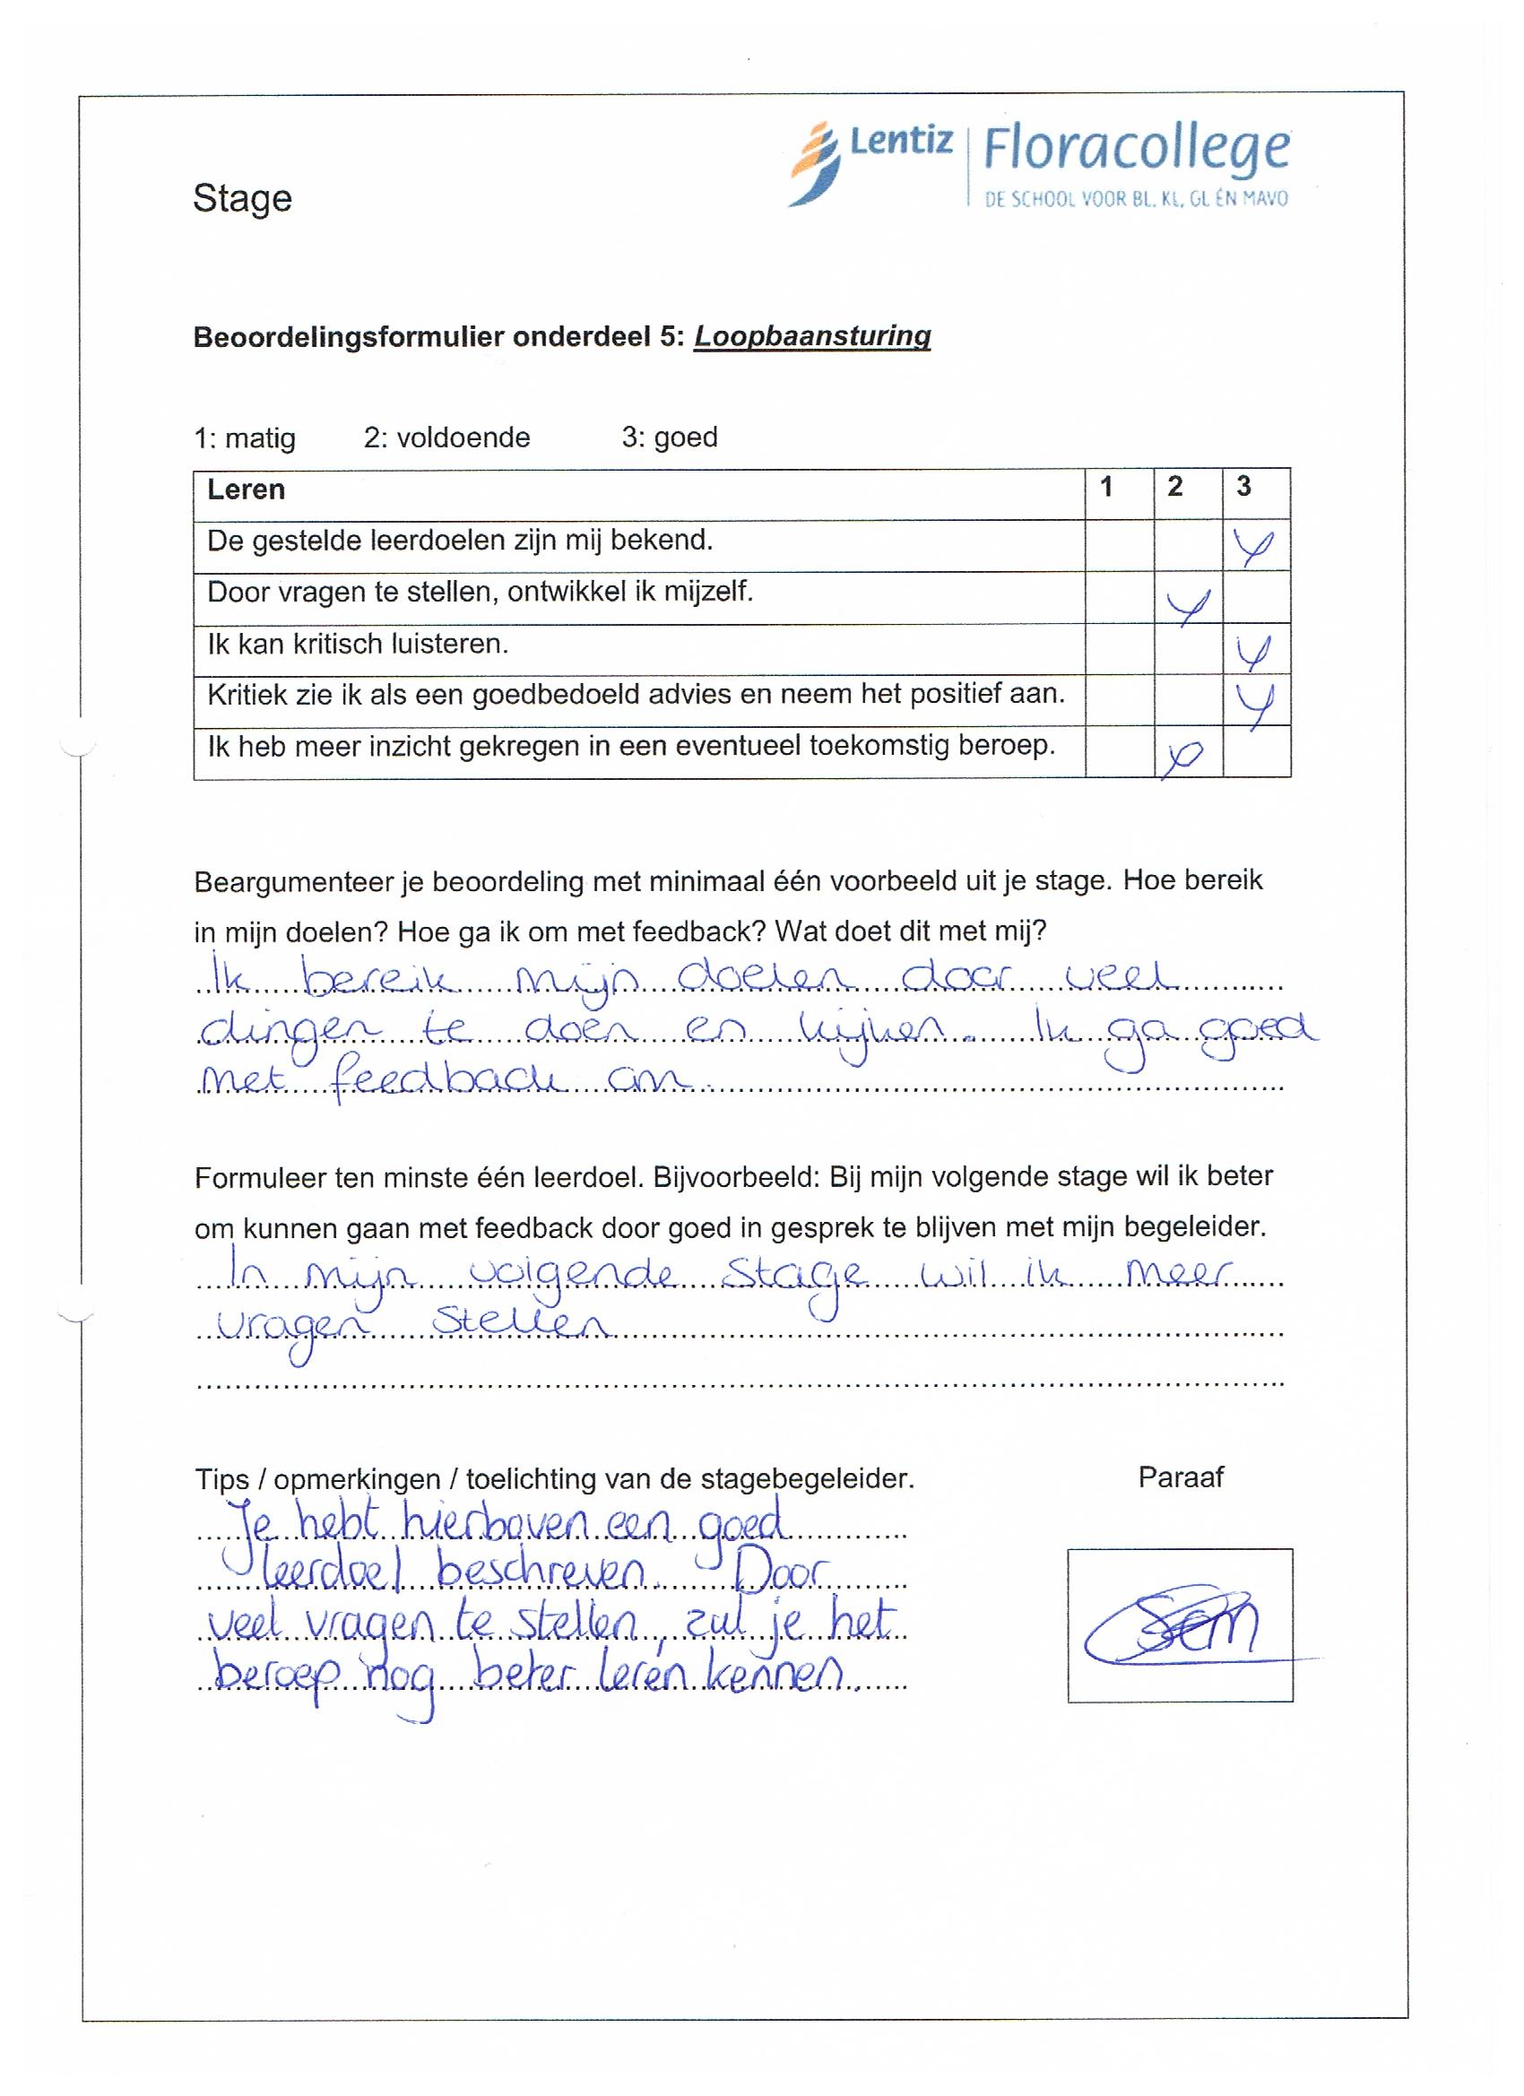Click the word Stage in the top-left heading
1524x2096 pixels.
coord(242,199)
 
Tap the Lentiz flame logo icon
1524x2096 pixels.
coord(815,163)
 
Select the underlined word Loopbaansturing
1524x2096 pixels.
coord(811,336)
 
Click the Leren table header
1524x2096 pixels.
coord(246,489)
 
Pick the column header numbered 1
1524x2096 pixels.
coord(1106,487)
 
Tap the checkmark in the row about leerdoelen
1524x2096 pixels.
coord(1253,548)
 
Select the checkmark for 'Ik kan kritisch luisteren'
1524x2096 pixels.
coord(1254,654)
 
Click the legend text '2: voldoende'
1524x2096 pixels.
coord(446,437)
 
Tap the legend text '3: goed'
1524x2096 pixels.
coord(669,437)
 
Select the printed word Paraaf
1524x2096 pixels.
coord(1179,1477)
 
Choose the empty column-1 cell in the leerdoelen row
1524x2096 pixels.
coord(1118,545)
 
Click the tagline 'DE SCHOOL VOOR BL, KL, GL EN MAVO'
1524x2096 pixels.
coord(1135,199)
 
